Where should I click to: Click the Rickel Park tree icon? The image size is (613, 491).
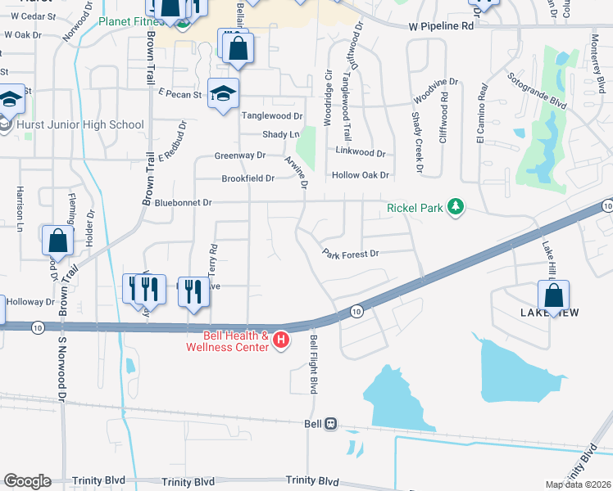(456, 208)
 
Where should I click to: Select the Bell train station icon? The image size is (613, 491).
(331, 423)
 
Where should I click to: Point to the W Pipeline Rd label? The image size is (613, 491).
(442, 26)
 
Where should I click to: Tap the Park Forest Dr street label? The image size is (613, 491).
(350, 254)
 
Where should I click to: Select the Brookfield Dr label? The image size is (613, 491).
(247, 178)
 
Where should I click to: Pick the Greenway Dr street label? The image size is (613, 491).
(240, 155)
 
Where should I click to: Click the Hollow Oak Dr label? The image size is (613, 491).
(360, 175)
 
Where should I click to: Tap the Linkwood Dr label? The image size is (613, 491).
(361, 152)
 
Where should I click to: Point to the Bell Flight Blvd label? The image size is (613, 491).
(312, 363)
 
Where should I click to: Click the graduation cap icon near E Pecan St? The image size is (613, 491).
(222, 94)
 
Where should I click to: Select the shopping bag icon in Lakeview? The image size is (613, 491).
(553, 295)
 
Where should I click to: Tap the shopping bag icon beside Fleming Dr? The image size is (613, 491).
(57, 241)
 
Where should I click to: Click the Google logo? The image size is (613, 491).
(26, 481)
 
